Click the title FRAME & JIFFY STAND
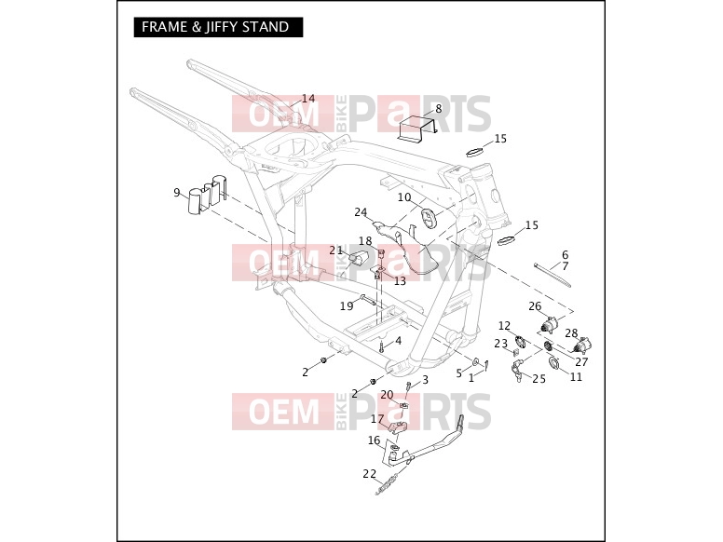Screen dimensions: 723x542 (x=215, y=27)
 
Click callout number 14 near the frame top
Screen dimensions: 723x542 (x=308, y=99)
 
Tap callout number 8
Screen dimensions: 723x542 (x=438, y=108)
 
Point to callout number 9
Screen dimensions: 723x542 (x=177, y=192)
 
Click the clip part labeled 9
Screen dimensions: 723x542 (x=208, y=194)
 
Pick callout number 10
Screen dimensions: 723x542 (x=404, y=197)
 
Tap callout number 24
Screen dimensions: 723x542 (x=361, y=212)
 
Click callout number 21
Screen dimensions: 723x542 (x=336, y=251)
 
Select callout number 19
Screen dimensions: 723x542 (x=347, y=305)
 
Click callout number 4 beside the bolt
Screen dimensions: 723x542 (x=399, y=341)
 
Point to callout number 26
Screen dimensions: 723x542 (x=535, y=306)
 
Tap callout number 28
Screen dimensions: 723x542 (x=571, y=333)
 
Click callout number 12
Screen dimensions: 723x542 (x=504, y=326)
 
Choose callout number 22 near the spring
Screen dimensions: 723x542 (x=369, y=474)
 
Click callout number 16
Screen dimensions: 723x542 (x=374, y=440)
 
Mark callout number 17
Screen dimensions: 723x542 (x=377, y=419)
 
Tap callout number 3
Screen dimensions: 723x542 (x=425, y=379)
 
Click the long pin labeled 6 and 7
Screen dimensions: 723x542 (x=552, y=275)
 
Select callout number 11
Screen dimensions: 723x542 (x=577, y=377)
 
